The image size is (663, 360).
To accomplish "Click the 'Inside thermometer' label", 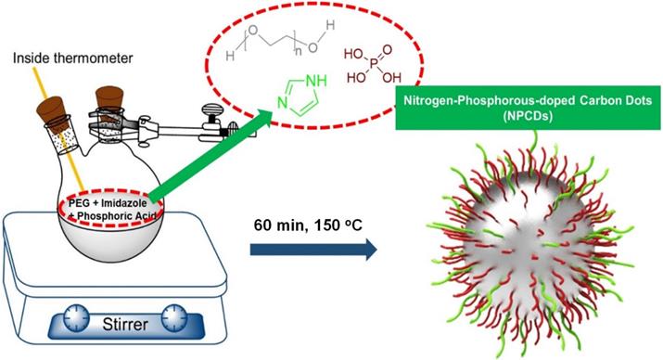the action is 72,58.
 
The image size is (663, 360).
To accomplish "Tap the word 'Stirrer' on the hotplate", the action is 125,325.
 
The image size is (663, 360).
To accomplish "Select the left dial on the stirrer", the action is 77,317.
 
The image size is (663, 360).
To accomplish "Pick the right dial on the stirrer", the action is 174,317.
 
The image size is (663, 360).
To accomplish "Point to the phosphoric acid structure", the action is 372,65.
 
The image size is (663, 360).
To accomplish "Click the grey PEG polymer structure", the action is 280,41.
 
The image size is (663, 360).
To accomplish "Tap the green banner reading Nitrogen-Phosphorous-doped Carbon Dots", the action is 528,108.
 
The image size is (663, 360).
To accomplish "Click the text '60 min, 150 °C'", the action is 308,225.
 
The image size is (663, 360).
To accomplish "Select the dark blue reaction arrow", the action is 313,250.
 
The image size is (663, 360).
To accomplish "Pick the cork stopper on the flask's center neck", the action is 109,102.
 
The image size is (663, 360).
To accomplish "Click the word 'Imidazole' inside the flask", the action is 124,203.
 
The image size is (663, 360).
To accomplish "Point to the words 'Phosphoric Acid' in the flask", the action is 117,216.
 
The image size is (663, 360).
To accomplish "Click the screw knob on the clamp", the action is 210,117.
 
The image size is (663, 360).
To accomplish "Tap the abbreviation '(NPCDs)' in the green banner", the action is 528,116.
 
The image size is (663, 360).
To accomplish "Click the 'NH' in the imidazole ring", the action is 316,81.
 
